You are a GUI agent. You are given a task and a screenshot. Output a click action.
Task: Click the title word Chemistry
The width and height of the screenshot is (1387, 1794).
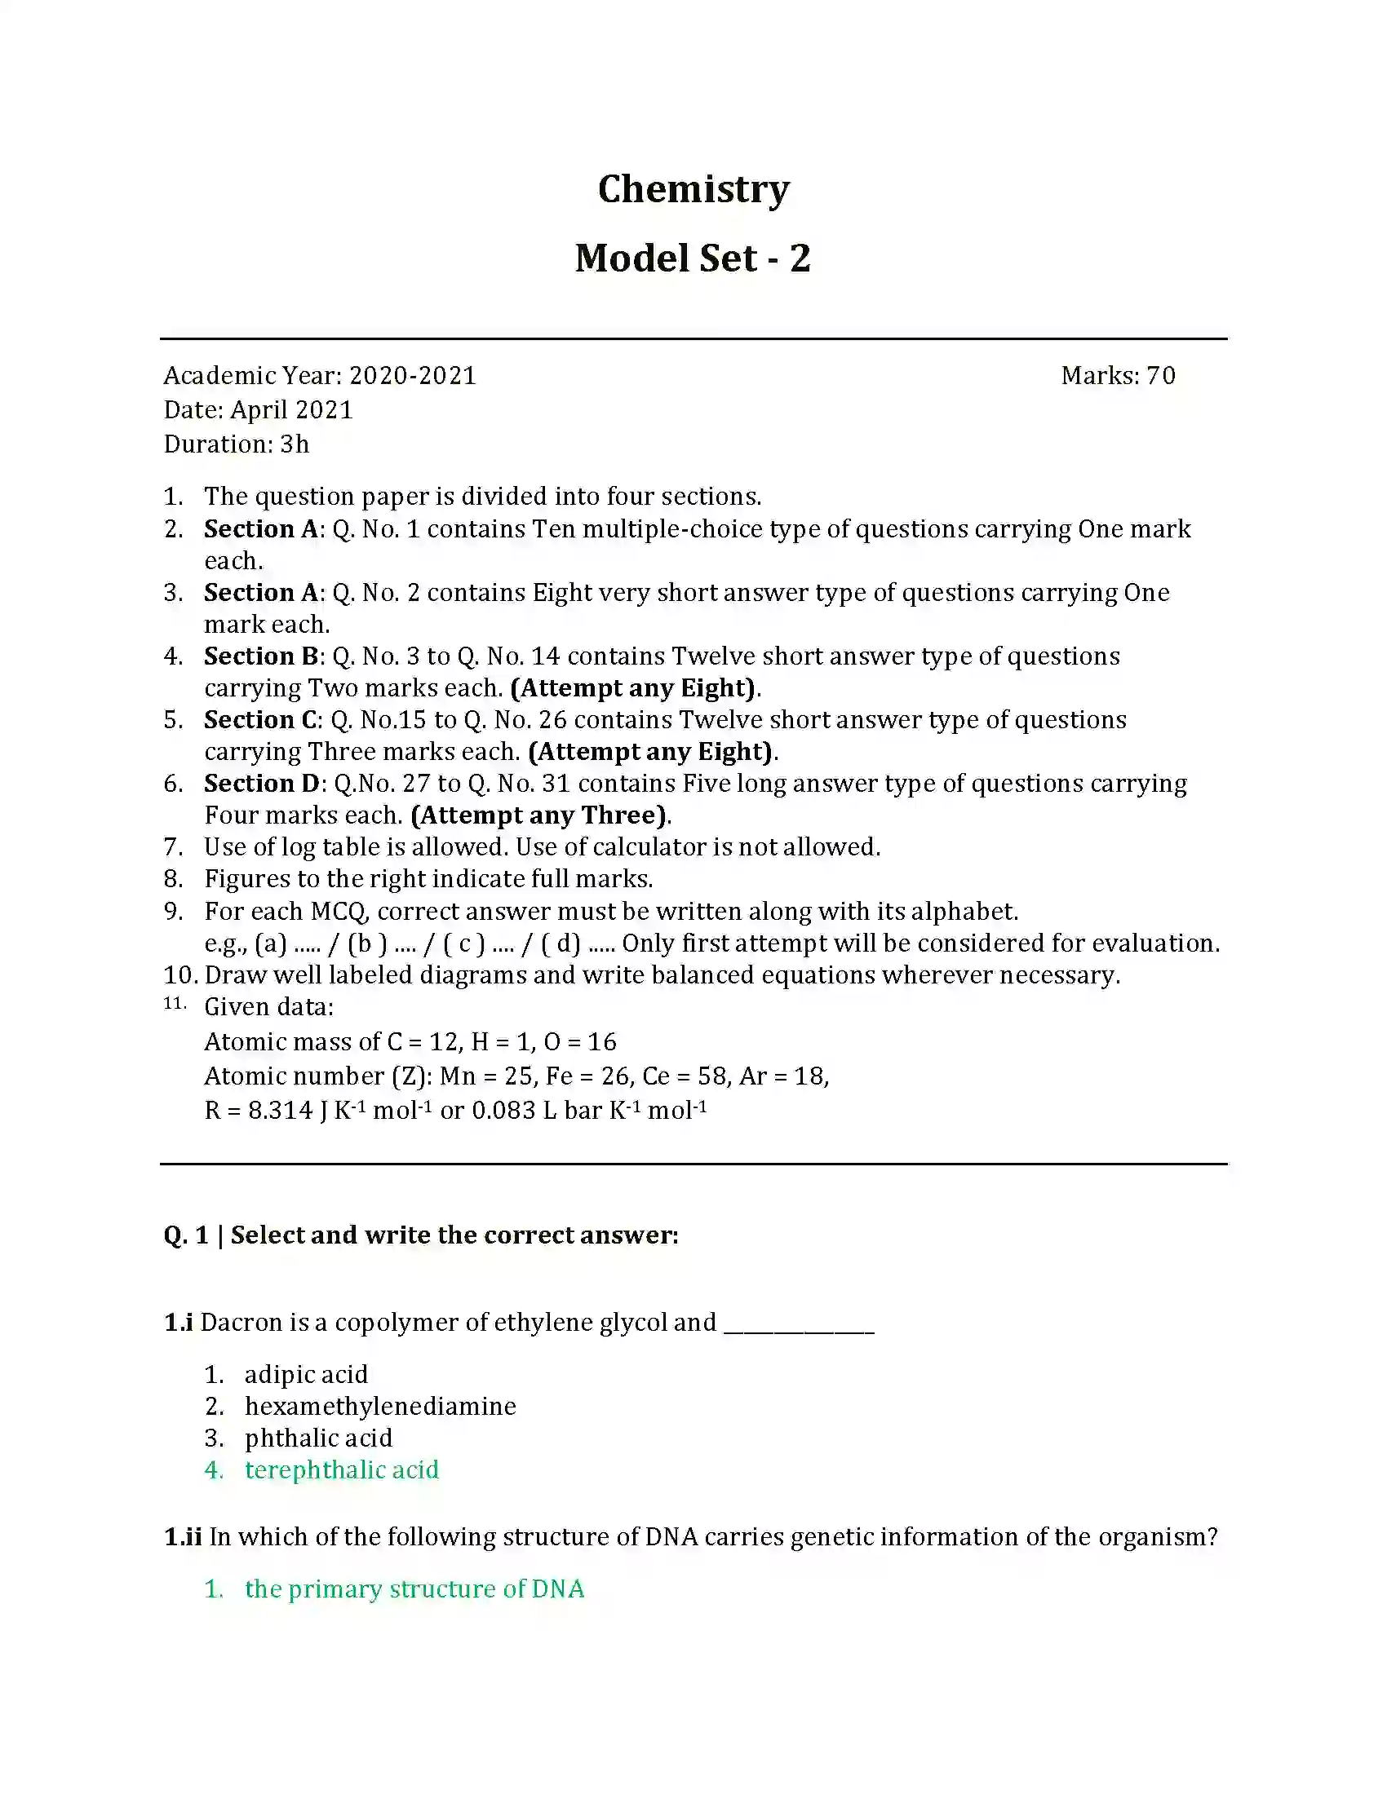693,189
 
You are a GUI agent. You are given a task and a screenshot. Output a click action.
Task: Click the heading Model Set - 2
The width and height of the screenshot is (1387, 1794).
693,258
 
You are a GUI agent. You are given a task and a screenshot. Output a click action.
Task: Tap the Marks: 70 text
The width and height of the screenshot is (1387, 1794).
1118,375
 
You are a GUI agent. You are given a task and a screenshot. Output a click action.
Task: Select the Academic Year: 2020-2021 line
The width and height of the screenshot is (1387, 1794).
320,375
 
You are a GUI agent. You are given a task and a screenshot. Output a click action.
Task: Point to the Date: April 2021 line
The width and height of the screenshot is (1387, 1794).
258,410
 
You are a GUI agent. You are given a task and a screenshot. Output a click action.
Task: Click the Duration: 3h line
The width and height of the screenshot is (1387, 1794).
236,444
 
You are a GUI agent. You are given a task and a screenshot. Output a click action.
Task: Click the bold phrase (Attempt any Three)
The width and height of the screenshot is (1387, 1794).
538,815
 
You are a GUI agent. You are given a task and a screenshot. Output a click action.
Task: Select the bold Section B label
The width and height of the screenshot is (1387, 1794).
260,656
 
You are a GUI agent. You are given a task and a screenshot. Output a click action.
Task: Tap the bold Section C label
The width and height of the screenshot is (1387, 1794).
260,719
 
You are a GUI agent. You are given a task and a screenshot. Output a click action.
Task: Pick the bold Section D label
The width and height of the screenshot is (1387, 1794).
261,783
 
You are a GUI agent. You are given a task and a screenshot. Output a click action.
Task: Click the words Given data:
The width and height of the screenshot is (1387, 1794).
268,1007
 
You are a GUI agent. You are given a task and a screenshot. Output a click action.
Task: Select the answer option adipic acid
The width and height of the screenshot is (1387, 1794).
306,1374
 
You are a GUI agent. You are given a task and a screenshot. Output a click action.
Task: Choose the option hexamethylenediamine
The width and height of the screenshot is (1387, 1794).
380,1407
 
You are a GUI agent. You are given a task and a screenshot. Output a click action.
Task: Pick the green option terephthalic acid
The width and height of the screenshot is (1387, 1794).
342,1469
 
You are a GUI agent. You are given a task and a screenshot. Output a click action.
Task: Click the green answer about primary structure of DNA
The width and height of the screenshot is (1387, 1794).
414,1589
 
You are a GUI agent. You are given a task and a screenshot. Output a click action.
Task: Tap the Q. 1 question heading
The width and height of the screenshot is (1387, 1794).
421,1235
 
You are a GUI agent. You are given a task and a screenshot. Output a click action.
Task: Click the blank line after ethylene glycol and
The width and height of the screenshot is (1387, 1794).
799,1324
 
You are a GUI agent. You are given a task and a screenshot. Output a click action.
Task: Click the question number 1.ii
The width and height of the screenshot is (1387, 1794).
183,1537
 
